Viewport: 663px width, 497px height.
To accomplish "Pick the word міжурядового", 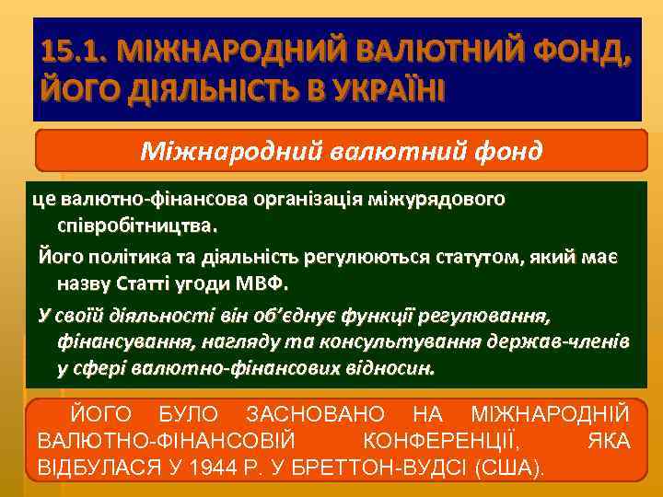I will tap(436, 199).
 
